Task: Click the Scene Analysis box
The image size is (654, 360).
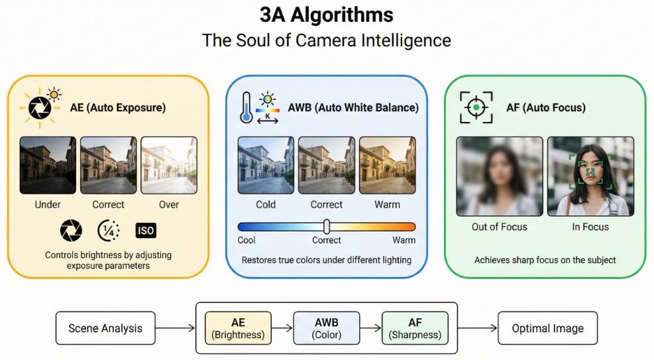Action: click(105, 328)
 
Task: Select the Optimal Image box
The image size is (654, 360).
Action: click(547, 328)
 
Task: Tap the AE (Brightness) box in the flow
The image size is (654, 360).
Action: click(238, 328)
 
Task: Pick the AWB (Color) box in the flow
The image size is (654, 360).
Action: click(327, 328)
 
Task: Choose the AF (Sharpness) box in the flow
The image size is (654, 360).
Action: click(415, 328)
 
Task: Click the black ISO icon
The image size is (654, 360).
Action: click(146, 230)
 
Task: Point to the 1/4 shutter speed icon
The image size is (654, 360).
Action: click(108, 230)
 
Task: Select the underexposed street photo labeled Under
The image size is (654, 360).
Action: click(48, 165)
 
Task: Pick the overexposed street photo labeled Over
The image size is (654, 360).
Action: click(169, 165)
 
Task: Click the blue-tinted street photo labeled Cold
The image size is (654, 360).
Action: click(266, 165)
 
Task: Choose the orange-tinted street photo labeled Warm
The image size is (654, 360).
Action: click(387, 165)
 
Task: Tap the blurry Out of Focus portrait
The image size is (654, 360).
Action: click(499, 176)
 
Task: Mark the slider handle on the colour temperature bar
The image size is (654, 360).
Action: click(327, 226)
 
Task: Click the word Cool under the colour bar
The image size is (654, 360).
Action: click(246, 240)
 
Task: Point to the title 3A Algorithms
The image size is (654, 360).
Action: click(327, 15)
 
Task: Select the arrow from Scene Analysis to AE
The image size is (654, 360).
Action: click(175, 328)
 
